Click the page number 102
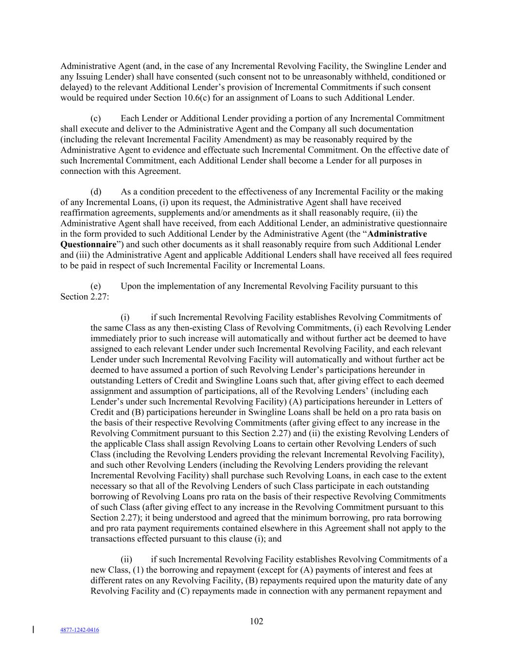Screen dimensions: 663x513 (x=256, y=621)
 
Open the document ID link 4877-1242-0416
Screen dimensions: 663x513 (x=79, y=630)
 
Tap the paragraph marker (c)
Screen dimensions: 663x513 (x=96, y=119)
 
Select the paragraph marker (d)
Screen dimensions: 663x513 (x=96, y=192)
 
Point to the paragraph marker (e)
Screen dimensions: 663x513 (x=96, y=286)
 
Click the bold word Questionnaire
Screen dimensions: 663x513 (x=88, y=244)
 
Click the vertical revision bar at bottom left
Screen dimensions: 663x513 (x=33, y=630)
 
